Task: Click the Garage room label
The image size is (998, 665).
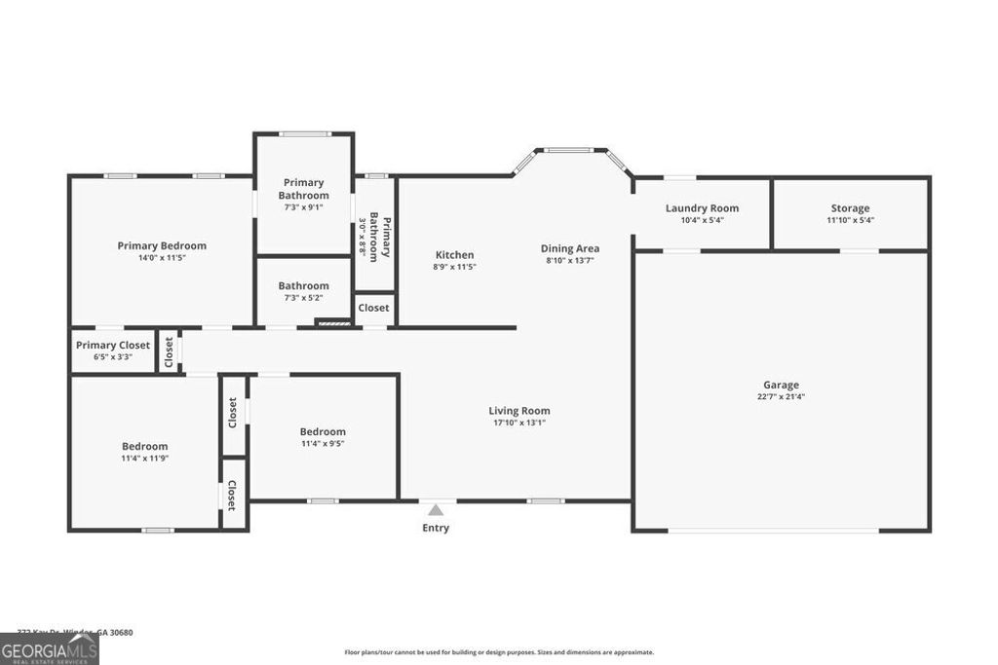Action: click(781, 385)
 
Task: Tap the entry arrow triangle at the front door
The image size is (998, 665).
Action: click(436, 509)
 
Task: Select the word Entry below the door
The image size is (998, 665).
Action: click(436, 528)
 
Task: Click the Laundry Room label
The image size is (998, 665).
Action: click(702, 208)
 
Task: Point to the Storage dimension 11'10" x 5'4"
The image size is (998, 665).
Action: click(850, 220)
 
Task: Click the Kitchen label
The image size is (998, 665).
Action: click(454, 255)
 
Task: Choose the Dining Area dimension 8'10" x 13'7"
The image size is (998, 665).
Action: click(570, 260)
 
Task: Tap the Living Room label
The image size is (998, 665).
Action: click(519, 411)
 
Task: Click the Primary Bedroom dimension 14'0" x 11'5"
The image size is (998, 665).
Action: click(162, 258)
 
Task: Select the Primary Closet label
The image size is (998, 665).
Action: click(113, 345)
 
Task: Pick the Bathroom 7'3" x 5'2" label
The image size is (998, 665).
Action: click(303, 291)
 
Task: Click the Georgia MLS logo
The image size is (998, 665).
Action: click(50, 649)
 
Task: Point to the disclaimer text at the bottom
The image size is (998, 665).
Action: click(499, 652)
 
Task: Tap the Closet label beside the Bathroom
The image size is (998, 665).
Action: click(373, 308)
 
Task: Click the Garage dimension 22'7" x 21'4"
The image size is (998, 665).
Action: click(781, 396)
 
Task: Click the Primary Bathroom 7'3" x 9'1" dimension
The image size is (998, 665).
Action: click(303, 206)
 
